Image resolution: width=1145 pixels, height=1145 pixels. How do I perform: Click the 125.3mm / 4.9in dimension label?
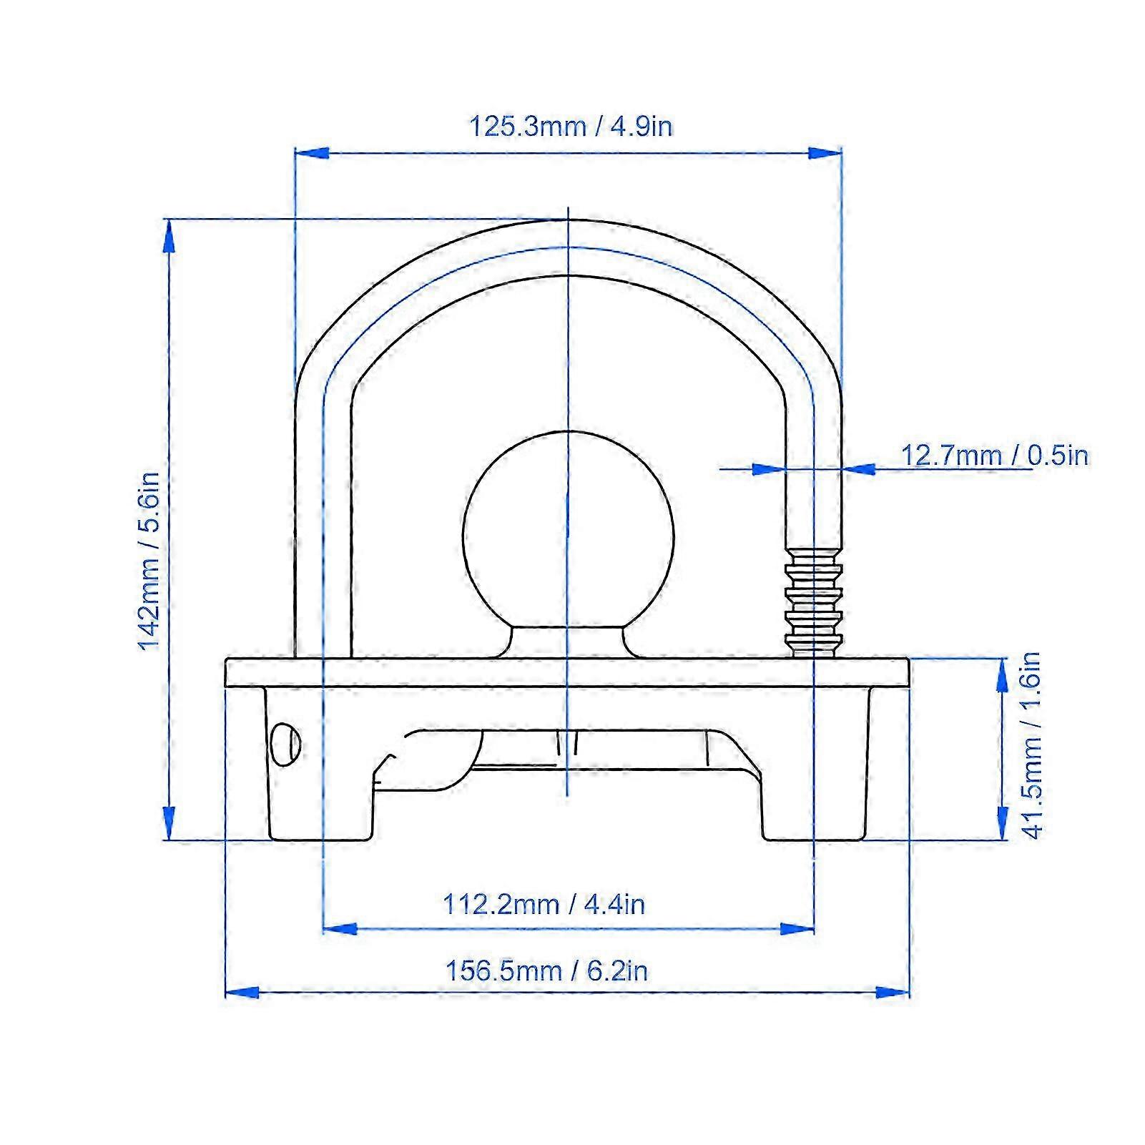tap(570, 127)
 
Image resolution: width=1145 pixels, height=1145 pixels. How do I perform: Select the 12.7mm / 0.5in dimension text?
tap(994, 456)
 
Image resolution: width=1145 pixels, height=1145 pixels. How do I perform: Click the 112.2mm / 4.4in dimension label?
tap(544, 905)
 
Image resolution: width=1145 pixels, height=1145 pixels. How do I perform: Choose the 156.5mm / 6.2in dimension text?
tap(546, 971)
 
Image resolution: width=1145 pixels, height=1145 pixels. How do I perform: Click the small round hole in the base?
tap(286, 745)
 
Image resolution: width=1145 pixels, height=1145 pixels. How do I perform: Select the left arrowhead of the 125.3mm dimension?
tap(310, 153)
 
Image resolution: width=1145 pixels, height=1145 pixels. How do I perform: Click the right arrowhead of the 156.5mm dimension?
tap(894, 993)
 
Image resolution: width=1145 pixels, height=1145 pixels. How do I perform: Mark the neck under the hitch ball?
tap(569, 642)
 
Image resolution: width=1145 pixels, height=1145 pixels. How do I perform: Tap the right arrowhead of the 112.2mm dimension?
tap(798, 929)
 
